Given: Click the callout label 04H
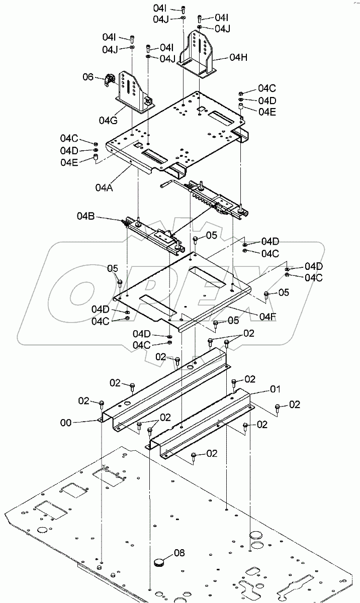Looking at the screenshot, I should coord(238,58).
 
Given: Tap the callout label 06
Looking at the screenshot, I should coord(88,77).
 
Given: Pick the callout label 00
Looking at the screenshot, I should coord(66,423).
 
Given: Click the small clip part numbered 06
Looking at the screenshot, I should coord(110,79).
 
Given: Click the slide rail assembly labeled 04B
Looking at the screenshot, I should coord(153,234).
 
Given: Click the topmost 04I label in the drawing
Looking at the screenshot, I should coord(160,9).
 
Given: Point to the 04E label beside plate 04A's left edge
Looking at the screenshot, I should coord(69,162).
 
